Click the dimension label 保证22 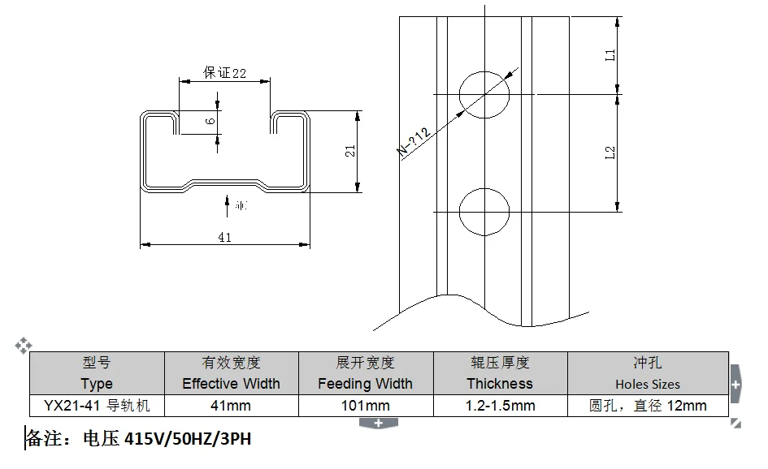pyautogui.click(x=224, y=73)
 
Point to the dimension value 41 pyautogui.click(x=225, y=237)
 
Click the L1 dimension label pyautogui.click(x=610, y=55)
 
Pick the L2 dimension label pyautogui.click(x=610, y=153)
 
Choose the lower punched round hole pyautogui.click(x=484, y=211)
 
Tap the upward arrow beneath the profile pyautogui.click(x=225, y=204)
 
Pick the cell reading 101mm pyautogui.click(x=365, y=405)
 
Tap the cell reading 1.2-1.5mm pyautogui.click(x=500, y=405)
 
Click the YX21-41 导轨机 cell pyautogui.click(x=97, y=405)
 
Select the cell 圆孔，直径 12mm pyautogui.click(x=648, y=405)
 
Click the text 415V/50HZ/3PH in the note pyautogui.click(x=189, y=440)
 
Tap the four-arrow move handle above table pyautogui.click(x=24, y=346)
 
